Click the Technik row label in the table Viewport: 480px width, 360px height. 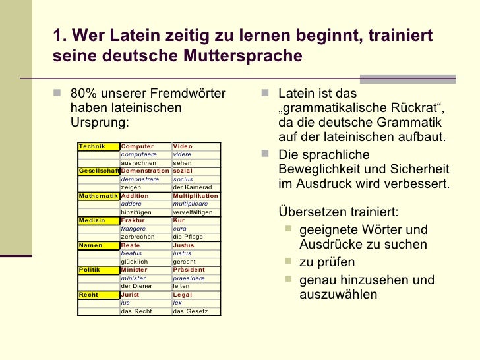click(x=92, y=146)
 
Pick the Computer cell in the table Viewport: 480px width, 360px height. click(x=137, y=146)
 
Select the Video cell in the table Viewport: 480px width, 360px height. click(x=182, y=146)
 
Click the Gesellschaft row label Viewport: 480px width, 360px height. click(x=98, y=171)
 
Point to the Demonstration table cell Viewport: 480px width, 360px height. click(x=145, y=171)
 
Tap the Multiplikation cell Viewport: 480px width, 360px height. click(x=195, y=196)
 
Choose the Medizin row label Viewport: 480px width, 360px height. click(x=92, y=220)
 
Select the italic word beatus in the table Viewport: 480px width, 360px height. click(x=132, y=253)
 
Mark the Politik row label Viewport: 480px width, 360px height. click(x=90, y=270)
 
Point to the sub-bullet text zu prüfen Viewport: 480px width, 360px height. click(x=328, y=262)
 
